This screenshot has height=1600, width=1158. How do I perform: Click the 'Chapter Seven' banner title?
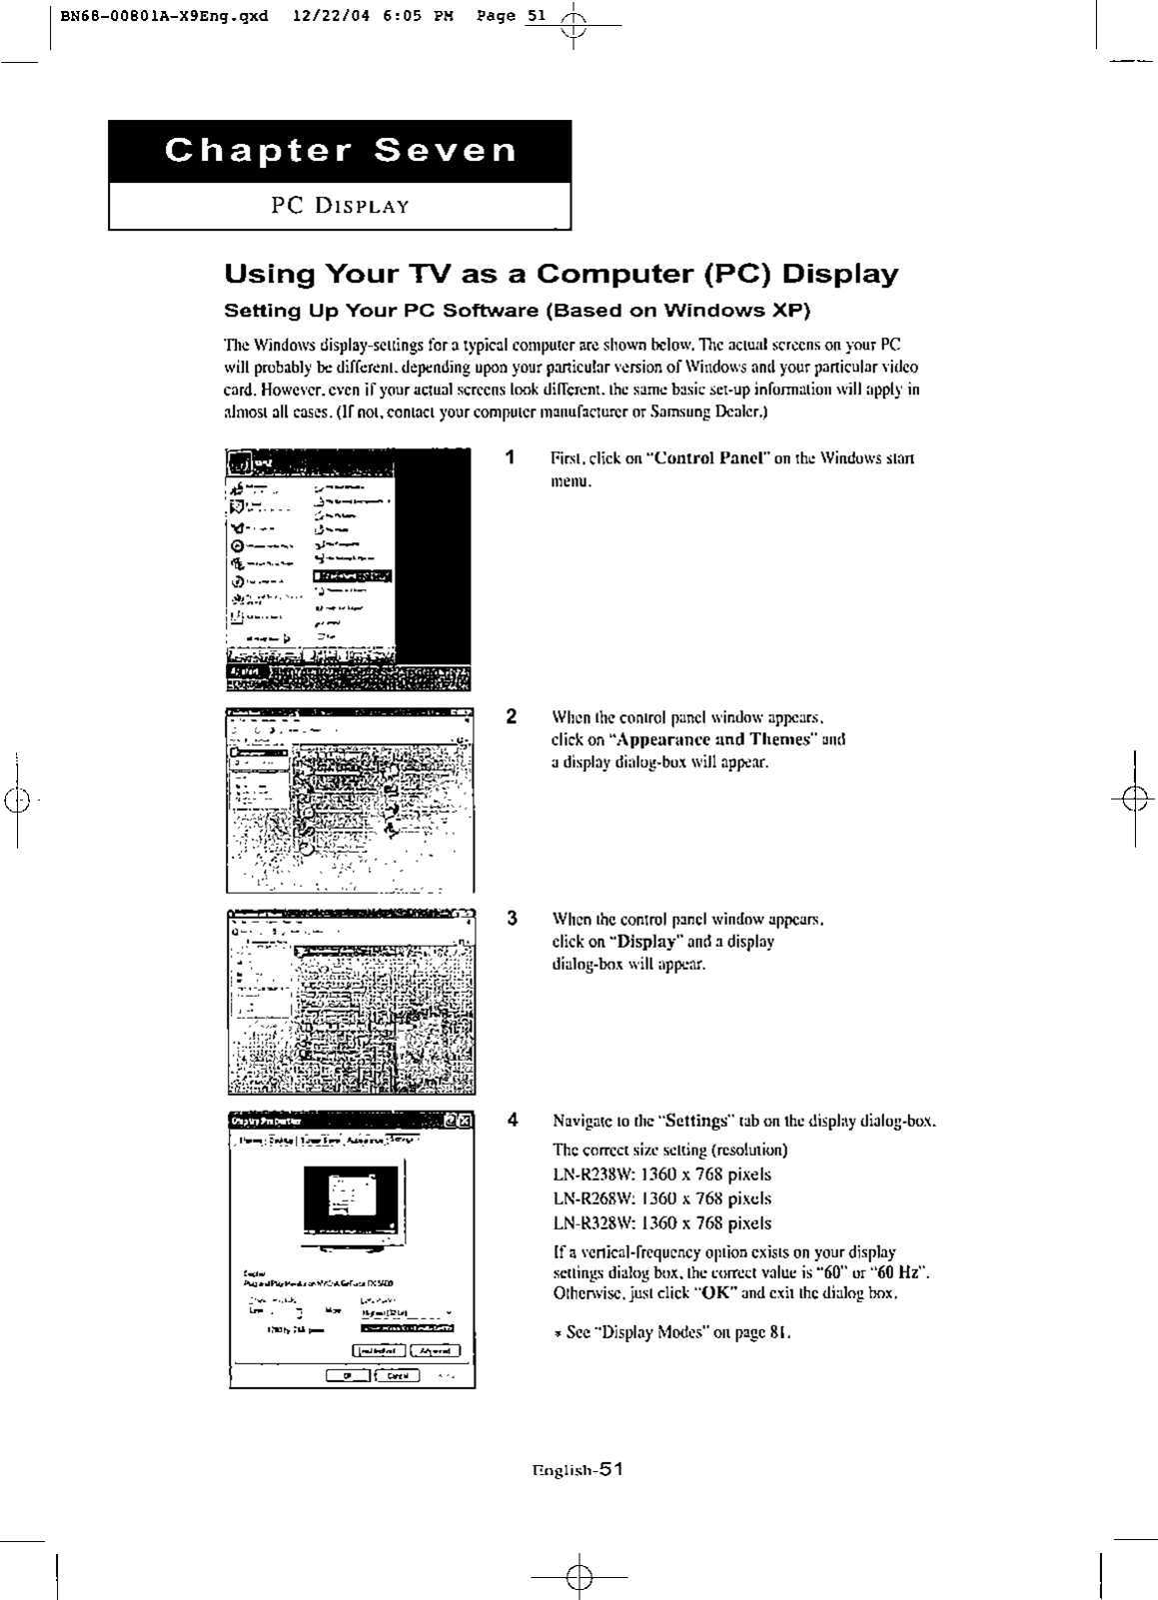(341, 151)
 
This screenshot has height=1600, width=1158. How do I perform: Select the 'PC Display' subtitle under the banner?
(341, 207)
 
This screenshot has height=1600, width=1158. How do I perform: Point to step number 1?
(511, 457)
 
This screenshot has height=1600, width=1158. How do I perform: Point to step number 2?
(511, 716)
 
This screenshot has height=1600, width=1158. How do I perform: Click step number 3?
(511, 919)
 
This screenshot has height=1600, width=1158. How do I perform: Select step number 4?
(511, 1120)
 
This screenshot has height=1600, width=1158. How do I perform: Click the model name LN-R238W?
(594, 1175)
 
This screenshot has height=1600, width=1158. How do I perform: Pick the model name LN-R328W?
(594, 1223)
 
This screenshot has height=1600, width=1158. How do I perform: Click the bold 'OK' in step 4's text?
(717, 1292)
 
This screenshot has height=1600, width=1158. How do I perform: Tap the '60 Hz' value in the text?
(898, 1272)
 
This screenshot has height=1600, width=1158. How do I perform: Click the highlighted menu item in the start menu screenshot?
(353, 576)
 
